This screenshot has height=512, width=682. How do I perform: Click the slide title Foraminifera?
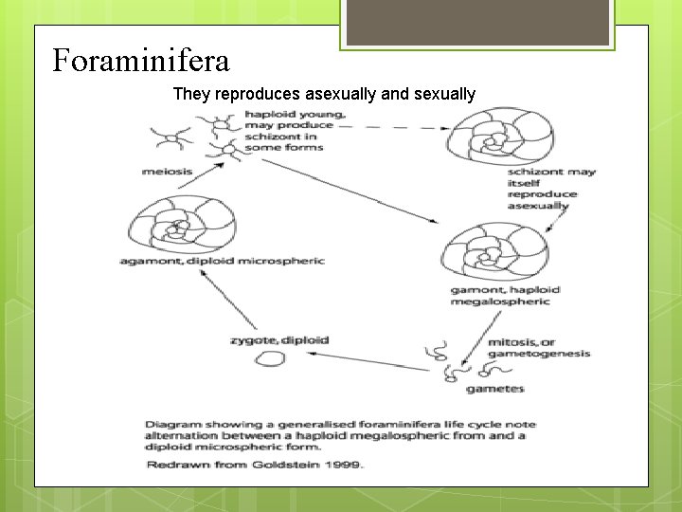[140, 62]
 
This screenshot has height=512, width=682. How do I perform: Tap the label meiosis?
[167, 172]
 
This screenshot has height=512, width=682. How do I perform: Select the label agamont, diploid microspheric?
[223, 261]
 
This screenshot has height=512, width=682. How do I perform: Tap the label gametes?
[494, 389]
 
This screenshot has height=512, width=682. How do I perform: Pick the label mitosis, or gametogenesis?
[538, 348]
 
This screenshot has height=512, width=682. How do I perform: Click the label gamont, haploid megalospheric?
[505, 295]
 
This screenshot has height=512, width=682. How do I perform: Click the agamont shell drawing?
[170, 225]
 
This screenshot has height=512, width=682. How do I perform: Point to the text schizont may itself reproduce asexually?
[551, 188]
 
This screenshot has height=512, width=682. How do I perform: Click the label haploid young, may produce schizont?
[289, 130]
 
